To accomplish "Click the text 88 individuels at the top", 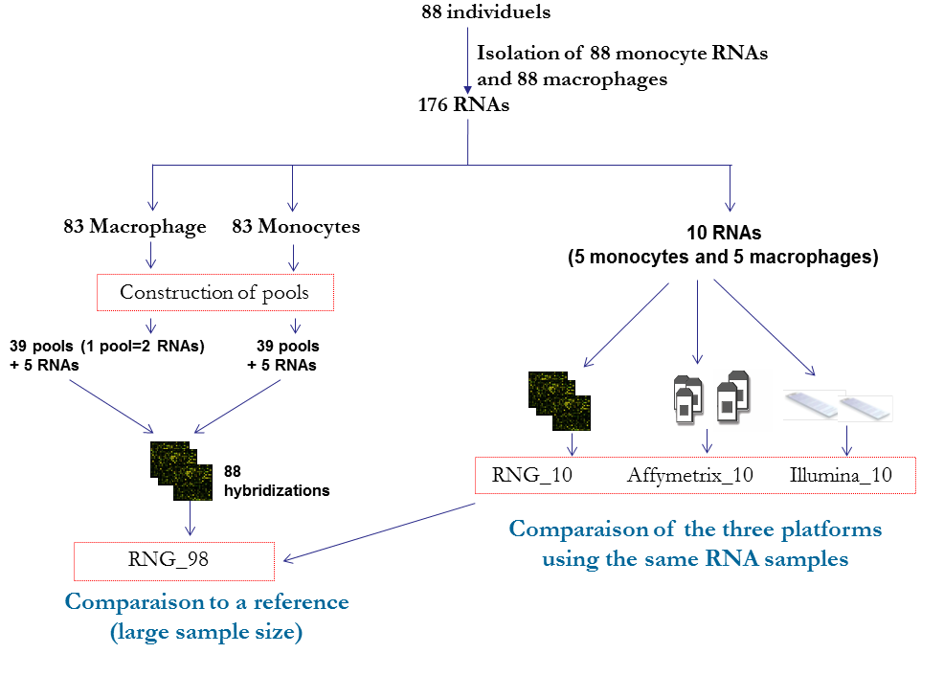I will point(485,12).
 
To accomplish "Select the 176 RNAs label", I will point(463,105).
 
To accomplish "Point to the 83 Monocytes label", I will point(296,227).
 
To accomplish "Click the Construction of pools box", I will point(214,292).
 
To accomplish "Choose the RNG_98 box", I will point(173,559).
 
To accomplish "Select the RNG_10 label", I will point(531,475).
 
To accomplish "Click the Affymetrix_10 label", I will point(689,475).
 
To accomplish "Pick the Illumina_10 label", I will point(842,475).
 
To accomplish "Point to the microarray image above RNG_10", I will point(560,400).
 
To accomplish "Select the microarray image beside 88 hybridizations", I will point(180,471).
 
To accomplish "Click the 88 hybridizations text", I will point(276,481).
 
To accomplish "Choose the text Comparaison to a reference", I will point(207,602).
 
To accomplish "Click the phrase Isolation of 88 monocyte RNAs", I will point(621,54).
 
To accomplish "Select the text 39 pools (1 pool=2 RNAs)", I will point(107,346).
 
